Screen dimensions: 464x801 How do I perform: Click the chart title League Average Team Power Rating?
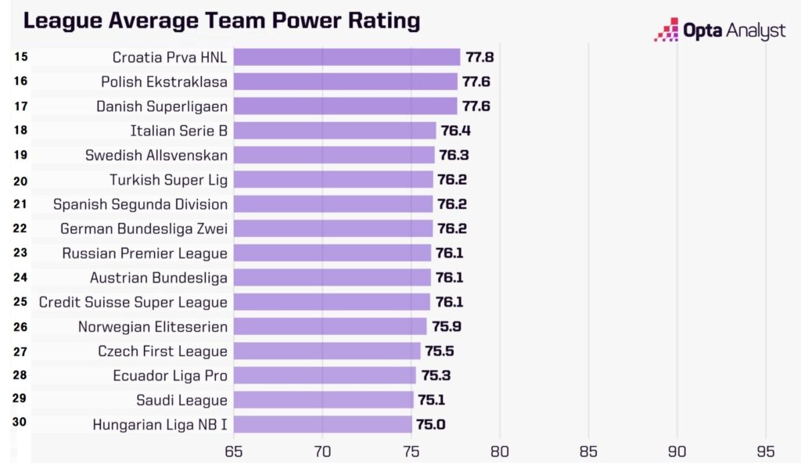coord(221,20)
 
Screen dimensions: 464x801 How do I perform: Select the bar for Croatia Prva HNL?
coord(347,57)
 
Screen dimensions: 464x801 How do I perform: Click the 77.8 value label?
coord(479,57)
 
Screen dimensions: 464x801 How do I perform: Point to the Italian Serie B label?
coord(178,131)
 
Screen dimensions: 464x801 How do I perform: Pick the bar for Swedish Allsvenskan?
coord(333,155)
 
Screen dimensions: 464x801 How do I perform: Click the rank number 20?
coord(20,181)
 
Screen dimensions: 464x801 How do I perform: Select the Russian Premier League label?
coord(145,254)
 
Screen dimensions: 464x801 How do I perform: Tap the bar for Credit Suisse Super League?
coord(332,302)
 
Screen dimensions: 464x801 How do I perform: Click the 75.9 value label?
coord(446,326)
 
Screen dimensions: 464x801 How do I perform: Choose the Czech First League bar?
coord(326,351)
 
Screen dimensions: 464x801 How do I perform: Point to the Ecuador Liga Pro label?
coord(170,376)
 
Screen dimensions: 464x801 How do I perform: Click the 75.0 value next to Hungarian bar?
coord(431,425)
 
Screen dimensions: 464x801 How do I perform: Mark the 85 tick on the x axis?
coord(588,451)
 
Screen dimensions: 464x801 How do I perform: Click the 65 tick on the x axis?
coord(233,451)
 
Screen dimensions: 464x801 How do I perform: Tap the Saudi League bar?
coord(323,400)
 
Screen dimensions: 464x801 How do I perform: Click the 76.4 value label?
coord(455,131)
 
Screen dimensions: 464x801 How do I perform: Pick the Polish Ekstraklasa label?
coord(164,81)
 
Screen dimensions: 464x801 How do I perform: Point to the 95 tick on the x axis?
coord(766,451)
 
